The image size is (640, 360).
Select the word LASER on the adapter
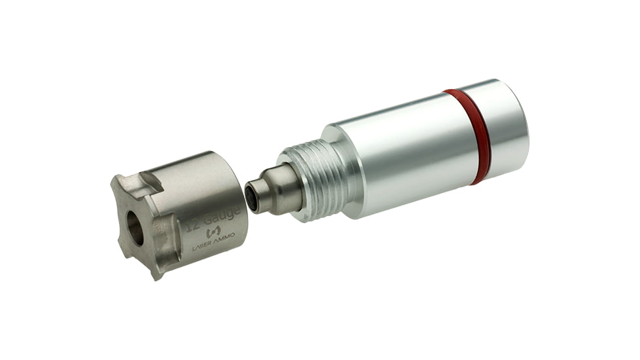coord(204,247)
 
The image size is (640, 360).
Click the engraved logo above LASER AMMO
coord(213,232)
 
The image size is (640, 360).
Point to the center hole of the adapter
coord(135,228)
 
